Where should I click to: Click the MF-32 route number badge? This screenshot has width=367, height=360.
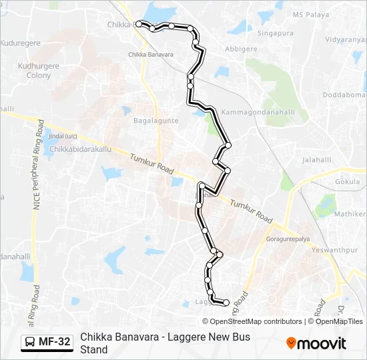[x=46, y=342]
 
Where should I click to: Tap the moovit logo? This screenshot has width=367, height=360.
[x=316, y=343]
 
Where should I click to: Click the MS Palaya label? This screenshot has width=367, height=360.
[x=311, y=14]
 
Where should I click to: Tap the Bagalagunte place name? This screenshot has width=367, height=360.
[x=155, y=121]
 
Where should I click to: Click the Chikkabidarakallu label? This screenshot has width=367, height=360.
[x=80, y=149]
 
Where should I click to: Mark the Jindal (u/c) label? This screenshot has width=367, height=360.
[x=63, y=136]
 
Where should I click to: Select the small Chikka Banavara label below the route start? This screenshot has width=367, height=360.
[x=151, y=55]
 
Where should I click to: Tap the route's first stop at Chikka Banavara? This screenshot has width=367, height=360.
[x=139, y=24]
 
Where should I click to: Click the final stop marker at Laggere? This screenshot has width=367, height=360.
[x=226, y=303]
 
